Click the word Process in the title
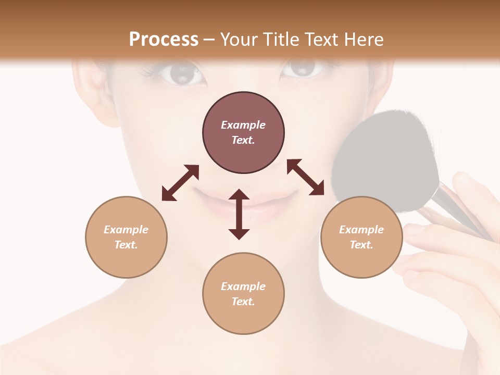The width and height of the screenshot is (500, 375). (x=164, y=39)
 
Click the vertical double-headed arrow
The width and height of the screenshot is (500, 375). (x=239, y=214)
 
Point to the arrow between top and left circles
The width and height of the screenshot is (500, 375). (x=180, y=182)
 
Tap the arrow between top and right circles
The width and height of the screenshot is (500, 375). (x=306, y=177)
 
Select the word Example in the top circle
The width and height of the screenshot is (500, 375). (x=243, y=125)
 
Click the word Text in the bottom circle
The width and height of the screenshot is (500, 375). (x=243, y=302)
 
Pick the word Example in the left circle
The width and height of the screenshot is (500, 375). (x=126, y=230)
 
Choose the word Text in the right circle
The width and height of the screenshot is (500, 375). (x=361, y=245)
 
